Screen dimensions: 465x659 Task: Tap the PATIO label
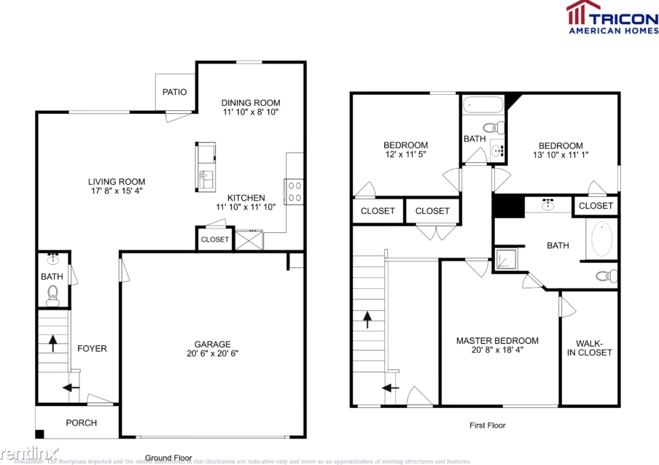coord(175,93)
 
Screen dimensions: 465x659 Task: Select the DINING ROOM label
coord(251,103)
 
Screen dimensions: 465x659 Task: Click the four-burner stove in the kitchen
coord(295,191)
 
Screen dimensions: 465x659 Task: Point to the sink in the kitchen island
coord(205,176)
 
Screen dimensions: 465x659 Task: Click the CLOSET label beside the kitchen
coord(214,239)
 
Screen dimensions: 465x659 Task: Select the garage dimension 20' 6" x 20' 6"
coord(212,354)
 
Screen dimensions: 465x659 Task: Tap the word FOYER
coord(92,348)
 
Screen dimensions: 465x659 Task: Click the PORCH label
coord(81,423)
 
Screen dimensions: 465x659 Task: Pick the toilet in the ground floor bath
coord(52,295)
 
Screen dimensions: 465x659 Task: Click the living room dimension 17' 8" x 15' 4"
coord(117,191)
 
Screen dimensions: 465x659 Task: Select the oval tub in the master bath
coord(602,239)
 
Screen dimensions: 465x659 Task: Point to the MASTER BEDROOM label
coord(497,341)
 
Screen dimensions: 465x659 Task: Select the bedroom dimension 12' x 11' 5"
coord(405,155)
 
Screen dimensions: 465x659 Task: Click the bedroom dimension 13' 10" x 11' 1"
coord(561,155)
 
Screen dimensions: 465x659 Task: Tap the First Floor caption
coord(487,425)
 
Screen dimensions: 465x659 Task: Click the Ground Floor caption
coord(168,458)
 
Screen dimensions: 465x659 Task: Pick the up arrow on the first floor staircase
coord(367,318)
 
